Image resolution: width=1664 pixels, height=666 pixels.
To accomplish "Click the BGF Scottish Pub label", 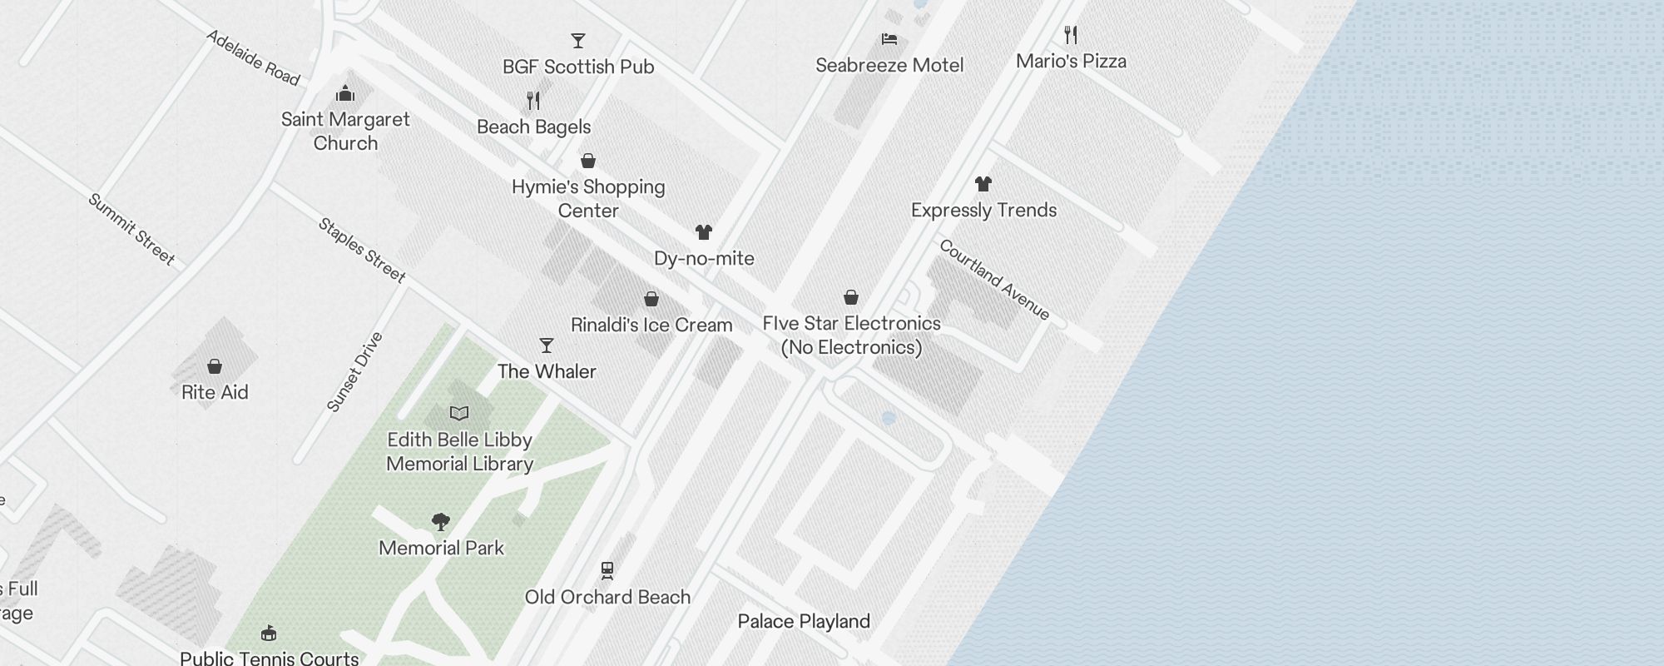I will (x=578, y=67).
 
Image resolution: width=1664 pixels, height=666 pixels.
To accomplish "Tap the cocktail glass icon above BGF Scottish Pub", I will (x=578, y=40).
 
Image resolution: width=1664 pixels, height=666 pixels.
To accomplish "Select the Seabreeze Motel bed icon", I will (x=889, y=39).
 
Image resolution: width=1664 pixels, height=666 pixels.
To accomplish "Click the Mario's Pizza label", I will (x=1071, y=61).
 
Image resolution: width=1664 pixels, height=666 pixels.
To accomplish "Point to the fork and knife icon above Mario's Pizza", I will (x=1071, y=35).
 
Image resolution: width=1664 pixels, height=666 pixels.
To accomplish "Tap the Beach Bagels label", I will (x=533, y=127).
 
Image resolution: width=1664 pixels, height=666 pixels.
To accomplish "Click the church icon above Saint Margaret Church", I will (x=344, y=92).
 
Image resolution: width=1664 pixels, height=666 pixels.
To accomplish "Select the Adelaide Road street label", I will (x=253, y=57).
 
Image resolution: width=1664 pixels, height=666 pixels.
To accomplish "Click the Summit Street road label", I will (x=131, y=229).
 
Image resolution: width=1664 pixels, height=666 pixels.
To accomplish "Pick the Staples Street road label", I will (x=362, y=250).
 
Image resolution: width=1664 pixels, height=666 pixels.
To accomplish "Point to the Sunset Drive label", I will (x=355, y=371).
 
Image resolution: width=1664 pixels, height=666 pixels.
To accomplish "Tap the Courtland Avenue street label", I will (x=994, y=279).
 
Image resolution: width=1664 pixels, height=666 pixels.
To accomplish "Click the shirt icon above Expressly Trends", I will (x=983, y=184).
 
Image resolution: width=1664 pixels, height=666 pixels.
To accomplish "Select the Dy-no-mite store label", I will (x=704, y=258).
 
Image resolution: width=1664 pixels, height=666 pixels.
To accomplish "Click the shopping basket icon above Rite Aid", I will (x=215, y=366).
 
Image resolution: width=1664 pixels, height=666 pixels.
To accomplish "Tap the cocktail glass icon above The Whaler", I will (x=547, y=345).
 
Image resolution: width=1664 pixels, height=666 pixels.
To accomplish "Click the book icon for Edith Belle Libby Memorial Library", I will (x=459, y=413).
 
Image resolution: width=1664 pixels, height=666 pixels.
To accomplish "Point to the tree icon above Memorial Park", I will (x=441, y=522).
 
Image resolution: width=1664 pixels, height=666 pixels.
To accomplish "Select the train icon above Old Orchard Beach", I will (x=607, y=570).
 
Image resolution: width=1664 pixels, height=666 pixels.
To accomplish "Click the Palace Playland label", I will (x=804, y=621).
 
